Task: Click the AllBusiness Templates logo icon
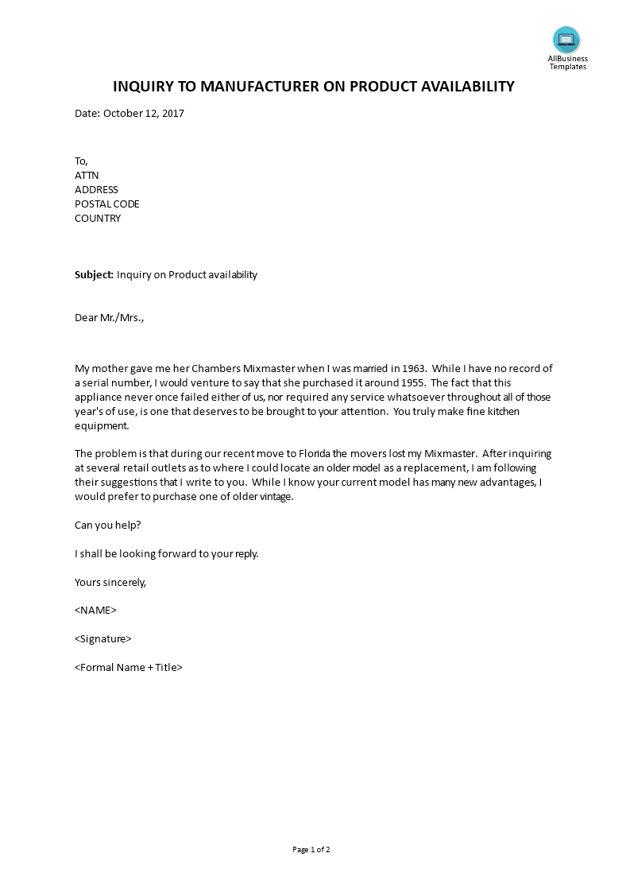coord(566,40)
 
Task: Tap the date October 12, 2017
coord(143,114)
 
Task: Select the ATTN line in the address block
coord(87,176)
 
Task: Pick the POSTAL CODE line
coord(107,204)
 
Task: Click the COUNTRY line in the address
coord(98,219)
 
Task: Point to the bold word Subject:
coord(95,275)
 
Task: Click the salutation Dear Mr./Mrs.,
coord(110,318)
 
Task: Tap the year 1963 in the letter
coord(415,368)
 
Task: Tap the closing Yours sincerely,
coord(110,582)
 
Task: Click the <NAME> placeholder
coord(95,611)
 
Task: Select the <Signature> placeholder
coord(103,639)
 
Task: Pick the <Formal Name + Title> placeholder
coord(129,668)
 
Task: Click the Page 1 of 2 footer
coord(311,850)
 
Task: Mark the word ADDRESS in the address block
coord(96,190)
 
